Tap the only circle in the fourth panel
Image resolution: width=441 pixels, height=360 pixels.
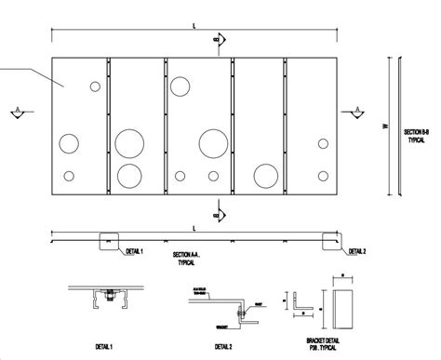pos(264,174)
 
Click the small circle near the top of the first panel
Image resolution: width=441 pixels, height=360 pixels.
pos(94,87)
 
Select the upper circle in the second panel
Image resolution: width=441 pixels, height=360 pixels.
pos(129,142)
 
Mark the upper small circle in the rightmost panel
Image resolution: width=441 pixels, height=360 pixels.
pos(322,143)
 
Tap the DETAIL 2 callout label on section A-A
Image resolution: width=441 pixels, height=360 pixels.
pos(356,250)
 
